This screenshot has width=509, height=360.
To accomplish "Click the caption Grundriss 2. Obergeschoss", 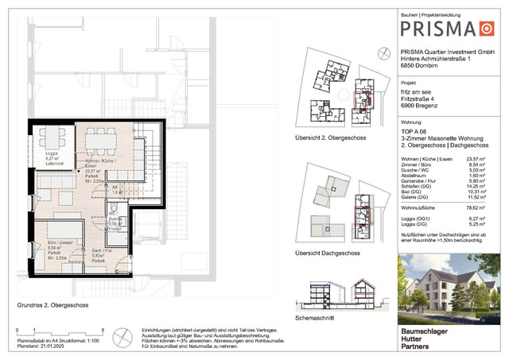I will (54, 304).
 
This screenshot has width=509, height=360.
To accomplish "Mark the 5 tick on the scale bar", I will (103, 329).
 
